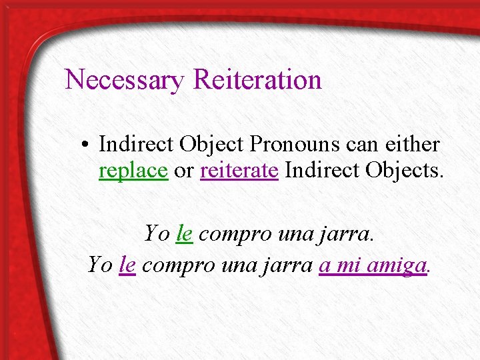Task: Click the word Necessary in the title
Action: coord(125,80)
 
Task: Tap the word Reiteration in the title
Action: coord(257,80)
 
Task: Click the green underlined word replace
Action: coord(133,171)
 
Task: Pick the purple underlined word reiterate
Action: coord(239,171)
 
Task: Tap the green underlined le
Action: coord(185,234)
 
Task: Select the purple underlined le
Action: coord(128,265)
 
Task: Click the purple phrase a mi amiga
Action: coord(373,265)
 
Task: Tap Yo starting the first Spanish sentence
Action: coord(157,234)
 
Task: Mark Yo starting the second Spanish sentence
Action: coord(100,265)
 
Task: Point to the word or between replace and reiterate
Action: coord(183,171)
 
